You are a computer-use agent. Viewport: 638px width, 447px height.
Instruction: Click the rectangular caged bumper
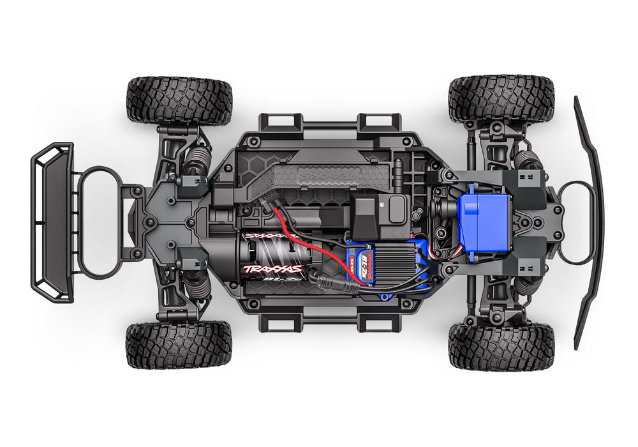tap(52, 222)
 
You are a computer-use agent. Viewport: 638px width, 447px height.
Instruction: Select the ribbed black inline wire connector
tap(333, 278)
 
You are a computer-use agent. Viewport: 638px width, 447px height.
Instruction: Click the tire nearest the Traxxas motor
tap(178, 345)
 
